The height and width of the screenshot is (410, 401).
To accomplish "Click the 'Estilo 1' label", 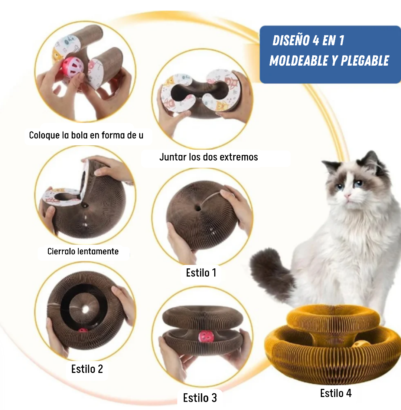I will point(201,273).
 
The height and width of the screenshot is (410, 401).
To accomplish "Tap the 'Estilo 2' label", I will point(87,369).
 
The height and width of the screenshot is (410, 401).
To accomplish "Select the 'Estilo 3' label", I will point(200,398).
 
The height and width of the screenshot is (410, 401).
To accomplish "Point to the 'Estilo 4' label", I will point(336,393).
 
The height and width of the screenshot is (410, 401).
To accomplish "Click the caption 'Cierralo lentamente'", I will point(83,251).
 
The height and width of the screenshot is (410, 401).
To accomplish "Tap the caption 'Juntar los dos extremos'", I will point(208,157).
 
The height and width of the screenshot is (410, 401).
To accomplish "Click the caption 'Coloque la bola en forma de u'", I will point(86,135).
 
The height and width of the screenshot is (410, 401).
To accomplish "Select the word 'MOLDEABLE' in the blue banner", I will point(300,60).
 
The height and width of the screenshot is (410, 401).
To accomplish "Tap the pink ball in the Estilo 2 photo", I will point(83,331).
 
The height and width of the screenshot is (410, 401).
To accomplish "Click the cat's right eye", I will point(358,183).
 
